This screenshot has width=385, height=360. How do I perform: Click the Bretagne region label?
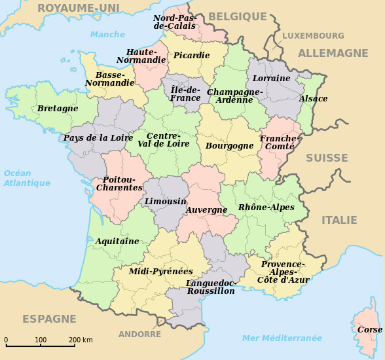point(58,108)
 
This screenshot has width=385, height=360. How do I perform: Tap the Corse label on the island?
point(370,330)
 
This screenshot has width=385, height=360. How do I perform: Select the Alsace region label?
point(314,99)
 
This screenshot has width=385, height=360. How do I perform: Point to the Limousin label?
point(165,201)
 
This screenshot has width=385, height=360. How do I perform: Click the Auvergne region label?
point(206,210)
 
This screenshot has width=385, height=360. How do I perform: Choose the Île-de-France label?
point(185,94)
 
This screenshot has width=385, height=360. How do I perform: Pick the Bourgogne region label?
point(229,146)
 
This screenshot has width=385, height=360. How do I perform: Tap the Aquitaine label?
point(117,241)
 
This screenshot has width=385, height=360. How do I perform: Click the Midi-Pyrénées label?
point(160,271)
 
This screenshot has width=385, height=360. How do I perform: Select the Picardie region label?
point(191,56)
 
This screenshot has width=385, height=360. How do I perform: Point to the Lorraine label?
point(271,78)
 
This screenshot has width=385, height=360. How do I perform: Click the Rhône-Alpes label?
point(266,207)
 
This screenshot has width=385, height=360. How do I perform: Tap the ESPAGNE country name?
point(49,319)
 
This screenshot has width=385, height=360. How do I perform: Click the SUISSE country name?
point(327,158)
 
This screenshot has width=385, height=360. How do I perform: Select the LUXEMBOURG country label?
point(313,36)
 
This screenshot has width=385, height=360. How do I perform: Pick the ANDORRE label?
point(139,334)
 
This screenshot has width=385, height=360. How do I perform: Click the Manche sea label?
point(107,35)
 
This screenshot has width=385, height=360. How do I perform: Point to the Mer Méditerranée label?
point(282,338)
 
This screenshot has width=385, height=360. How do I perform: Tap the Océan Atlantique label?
point(27,178)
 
